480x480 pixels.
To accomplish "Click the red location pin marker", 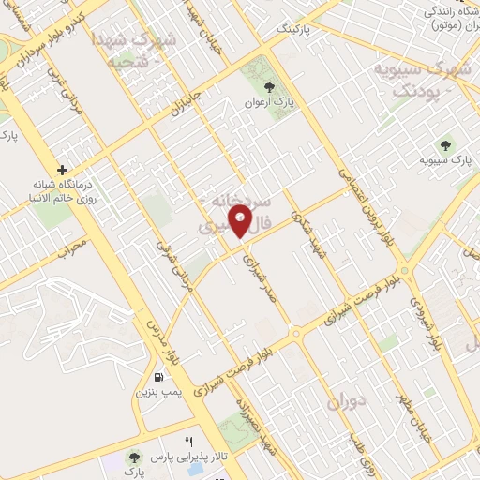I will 242,221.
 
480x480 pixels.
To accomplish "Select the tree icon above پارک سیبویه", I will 445,145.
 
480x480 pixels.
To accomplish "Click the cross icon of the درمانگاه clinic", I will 62,171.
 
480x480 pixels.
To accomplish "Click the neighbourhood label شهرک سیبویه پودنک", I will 416,80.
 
